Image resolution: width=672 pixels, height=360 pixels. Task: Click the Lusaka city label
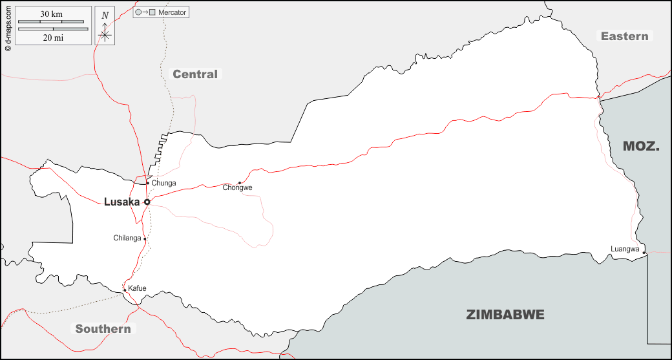(x=121, y=202)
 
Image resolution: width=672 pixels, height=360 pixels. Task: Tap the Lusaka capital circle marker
(x=147, y=202)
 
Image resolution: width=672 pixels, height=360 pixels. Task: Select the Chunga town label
(x=163, y=184)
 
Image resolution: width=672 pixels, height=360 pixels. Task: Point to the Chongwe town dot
(x=240, y=183)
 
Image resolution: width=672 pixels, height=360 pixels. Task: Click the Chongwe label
(x=237, y=188)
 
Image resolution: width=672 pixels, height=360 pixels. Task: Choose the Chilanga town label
(x=127, y=238)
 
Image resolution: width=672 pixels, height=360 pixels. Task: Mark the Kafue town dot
(x=125, y=290)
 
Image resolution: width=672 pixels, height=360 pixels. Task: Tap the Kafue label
(x=137, y=288)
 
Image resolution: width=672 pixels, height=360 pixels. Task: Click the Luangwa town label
(x=625, y=249)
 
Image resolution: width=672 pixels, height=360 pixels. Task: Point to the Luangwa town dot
(x=644, y=253)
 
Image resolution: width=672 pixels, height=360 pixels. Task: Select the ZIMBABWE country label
(x=505, y=315)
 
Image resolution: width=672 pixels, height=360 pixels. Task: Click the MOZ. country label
(x=641, y=147)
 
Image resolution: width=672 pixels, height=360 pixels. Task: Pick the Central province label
(x=195, y=74)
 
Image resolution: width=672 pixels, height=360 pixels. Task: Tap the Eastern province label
(x=624, y=36)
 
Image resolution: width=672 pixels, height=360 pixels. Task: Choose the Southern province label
(x=103, y=329)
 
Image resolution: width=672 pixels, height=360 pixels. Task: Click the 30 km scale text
(x=52, y=14)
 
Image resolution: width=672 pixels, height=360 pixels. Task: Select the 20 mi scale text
(x=52, y=38)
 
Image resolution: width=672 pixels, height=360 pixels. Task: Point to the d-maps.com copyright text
(x=7, y=26)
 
